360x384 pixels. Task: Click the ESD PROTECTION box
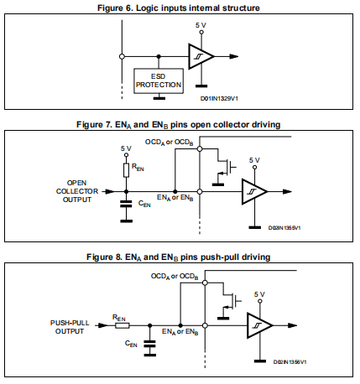159,81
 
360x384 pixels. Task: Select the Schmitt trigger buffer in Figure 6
201,56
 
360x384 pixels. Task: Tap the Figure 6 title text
179,8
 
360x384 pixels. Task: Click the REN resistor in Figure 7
127,170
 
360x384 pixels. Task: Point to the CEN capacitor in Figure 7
126,204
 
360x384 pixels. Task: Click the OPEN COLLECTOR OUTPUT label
77,191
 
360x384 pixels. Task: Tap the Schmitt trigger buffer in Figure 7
254,192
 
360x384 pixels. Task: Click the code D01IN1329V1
219,99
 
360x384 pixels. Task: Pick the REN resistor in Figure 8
123,325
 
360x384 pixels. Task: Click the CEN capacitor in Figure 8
150,344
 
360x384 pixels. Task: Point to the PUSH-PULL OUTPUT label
70,327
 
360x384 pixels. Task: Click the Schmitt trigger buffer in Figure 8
259,325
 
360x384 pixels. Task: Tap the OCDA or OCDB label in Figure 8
175,277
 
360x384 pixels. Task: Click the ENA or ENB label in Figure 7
175,198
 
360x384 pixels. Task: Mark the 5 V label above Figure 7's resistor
126,148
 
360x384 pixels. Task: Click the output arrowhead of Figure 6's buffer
234,56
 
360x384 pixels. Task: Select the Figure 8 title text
179,257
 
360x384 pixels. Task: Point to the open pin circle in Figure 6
122,56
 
